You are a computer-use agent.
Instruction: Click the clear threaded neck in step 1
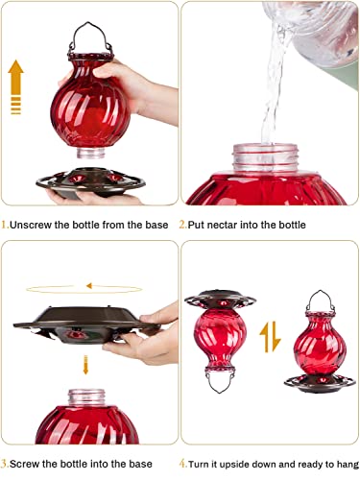click(89, 153)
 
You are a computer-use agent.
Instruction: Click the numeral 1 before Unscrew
click(5, 225)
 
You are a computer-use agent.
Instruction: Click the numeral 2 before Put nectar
click(182, 225)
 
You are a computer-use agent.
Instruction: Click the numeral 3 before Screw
click(5, 465)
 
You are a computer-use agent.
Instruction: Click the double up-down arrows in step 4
click(271, 337)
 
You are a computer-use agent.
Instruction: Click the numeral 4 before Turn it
click(182, 465)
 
